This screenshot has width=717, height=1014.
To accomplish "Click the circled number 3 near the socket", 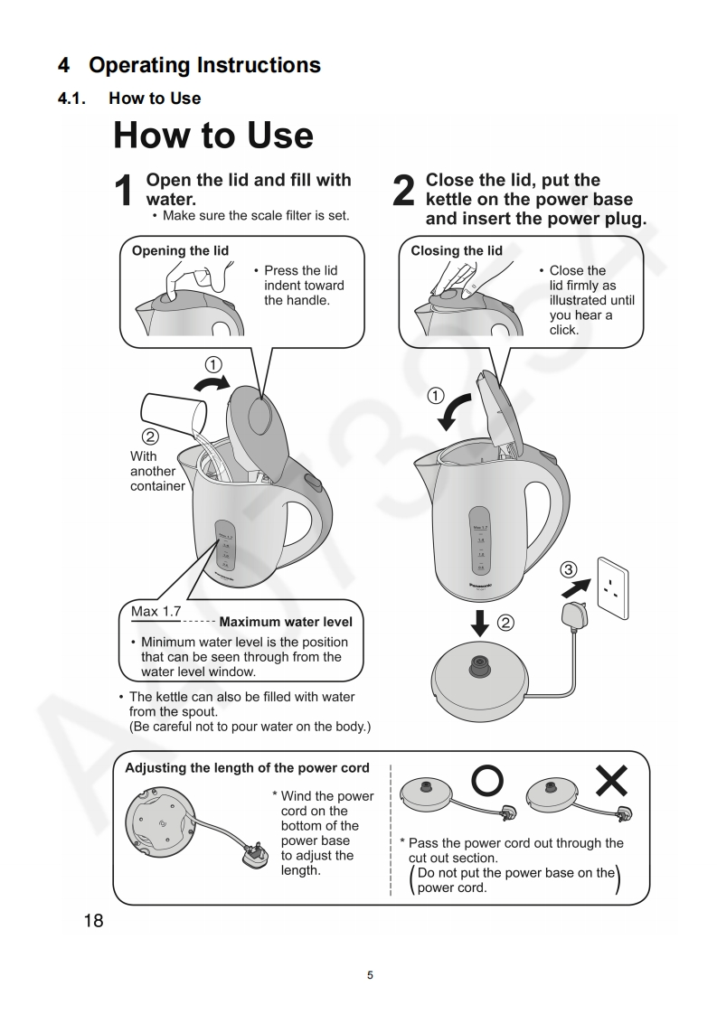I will (568, 569).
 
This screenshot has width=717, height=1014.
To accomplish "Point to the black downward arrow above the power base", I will (480, 624).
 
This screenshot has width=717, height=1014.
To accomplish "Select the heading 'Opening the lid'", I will (180, 250).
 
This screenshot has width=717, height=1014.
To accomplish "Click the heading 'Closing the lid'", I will (457, 250).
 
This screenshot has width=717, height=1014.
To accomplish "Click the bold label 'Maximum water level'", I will (286, 622).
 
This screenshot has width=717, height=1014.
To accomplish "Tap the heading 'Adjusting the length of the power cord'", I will (247, 768).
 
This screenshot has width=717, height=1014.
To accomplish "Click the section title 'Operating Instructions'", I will (204, 65).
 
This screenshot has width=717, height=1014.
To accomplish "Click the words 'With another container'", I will (156, 471).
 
